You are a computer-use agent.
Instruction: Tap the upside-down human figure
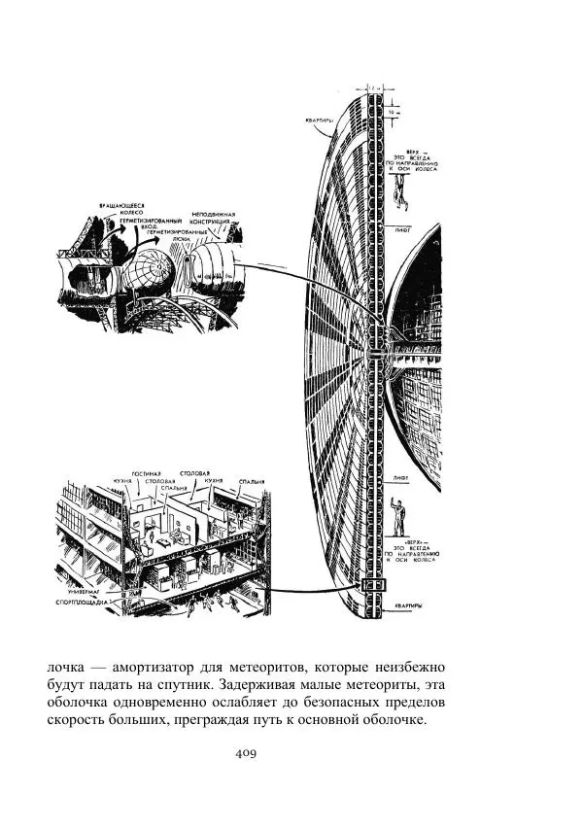pos(398,198)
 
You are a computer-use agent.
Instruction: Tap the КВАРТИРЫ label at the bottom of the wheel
pos(407,605)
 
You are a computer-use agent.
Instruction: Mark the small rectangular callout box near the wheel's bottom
pos(373,587)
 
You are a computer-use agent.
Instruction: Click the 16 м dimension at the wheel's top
pos(391,112)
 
